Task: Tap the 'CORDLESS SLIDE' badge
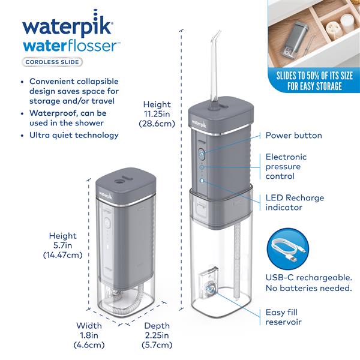pyautogui.click(x=52, y=61)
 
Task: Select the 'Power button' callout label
pyautogui.click(x=293, y=136)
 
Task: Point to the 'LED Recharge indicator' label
pyautogui.click(x=294, y=202)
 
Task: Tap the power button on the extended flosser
pyautogui.click(x=201, y=154)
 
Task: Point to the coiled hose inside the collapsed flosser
pyautogui.click(x=123, y=299)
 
